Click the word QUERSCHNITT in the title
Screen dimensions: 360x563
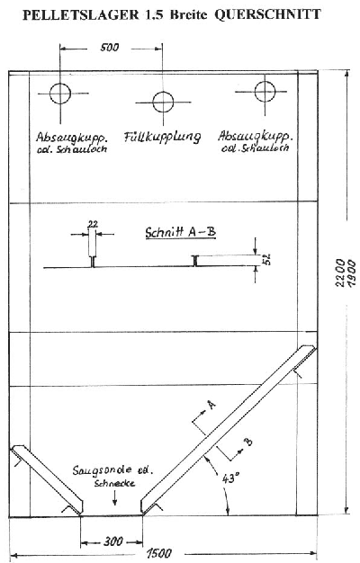[x=267, y=14]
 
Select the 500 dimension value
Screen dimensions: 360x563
[x=109, y=48]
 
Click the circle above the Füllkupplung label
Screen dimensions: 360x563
[x=163, y=102]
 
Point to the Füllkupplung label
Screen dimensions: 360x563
[x=162, y=137]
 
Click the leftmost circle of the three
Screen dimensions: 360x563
[x=60, y=94]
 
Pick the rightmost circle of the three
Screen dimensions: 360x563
[x=265, y=92]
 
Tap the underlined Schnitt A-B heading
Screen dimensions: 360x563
[x=181, y=232]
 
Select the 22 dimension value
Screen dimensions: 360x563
[x=93, y=224]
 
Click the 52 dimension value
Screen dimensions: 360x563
[x=267, y=259]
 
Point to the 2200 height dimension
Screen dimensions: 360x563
[x=340, y=273]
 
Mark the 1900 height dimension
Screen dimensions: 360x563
[x=351, y=273]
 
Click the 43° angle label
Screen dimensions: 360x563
[x=231, y=478]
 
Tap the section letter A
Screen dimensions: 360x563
[x=212, y=405]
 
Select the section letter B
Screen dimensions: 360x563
[x=248, y=442]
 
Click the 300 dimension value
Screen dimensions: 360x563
[x=112, y=541]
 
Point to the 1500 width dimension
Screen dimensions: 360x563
[x=158, y=553]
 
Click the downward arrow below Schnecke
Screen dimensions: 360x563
[x=114, y=497]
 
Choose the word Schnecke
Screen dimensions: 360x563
[x=114, y=483]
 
